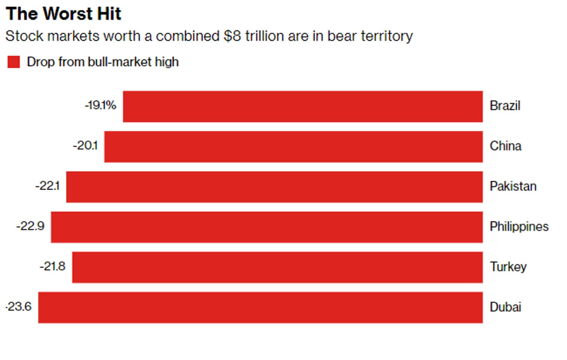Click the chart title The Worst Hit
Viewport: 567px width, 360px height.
click(63, 14)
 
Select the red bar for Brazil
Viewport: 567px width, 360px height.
click(303, 106)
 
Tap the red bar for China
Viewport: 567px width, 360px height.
click(293, 147)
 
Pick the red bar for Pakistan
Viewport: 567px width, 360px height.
click(274, 187)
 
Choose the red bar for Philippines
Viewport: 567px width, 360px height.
click(267, 227)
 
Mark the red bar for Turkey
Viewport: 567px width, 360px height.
click(277, 267)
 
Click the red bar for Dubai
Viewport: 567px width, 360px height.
click(260, 307)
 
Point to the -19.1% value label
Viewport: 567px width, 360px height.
click(100, 105)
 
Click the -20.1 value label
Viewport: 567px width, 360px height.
click(85, 145)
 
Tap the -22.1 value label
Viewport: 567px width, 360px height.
click(48, 186)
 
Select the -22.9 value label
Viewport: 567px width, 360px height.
click(30, 226)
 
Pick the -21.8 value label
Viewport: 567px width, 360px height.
click(53, 266)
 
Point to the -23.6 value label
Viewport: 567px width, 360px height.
click(19, 307)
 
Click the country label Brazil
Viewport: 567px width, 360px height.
click(505, 106)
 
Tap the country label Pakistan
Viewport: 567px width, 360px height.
click(513, 186)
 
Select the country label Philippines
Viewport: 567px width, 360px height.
click(519, 227)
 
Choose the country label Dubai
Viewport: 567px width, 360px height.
click(505, 307)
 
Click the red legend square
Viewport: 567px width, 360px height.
click(14, 62)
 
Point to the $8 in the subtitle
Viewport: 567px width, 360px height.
click(232, 36)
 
